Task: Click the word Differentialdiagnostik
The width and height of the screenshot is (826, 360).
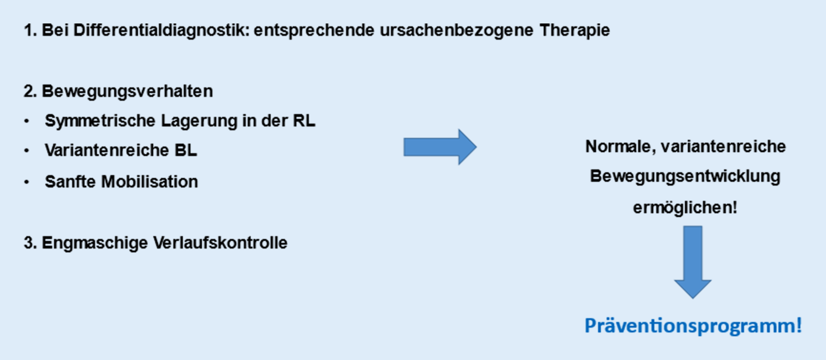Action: point(160,30)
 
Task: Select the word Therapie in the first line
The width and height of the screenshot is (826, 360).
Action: point(574,30)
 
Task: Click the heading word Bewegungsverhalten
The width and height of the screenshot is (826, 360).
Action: point(127,91)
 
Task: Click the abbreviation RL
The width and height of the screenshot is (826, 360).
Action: point(304,121)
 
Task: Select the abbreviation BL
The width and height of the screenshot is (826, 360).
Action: point(186,150)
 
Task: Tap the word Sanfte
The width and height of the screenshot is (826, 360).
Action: point(70,182)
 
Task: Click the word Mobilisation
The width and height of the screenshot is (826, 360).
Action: point(149,182)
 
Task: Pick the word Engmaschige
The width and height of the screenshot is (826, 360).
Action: point(94,243)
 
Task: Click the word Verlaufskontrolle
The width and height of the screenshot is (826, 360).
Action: point(220,243)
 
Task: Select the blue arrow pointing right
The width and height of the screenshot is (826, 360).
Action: point(439,147)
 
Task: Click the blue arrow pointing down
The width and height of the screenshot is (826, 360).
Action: point(693,261)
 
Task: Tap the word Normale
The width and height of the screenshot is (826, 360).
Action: point(620,147)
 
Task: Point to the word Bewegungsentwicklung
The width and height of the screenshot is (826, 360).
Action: point(685,176)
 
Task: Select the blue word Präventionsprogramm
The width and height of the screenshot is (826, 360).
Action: point(692,326)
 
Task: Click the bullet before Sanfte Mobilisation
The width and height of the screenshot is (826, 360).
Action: point(27,182)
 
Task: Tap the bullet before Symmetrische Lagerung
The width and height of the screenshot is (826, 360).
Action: point(27,121)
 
